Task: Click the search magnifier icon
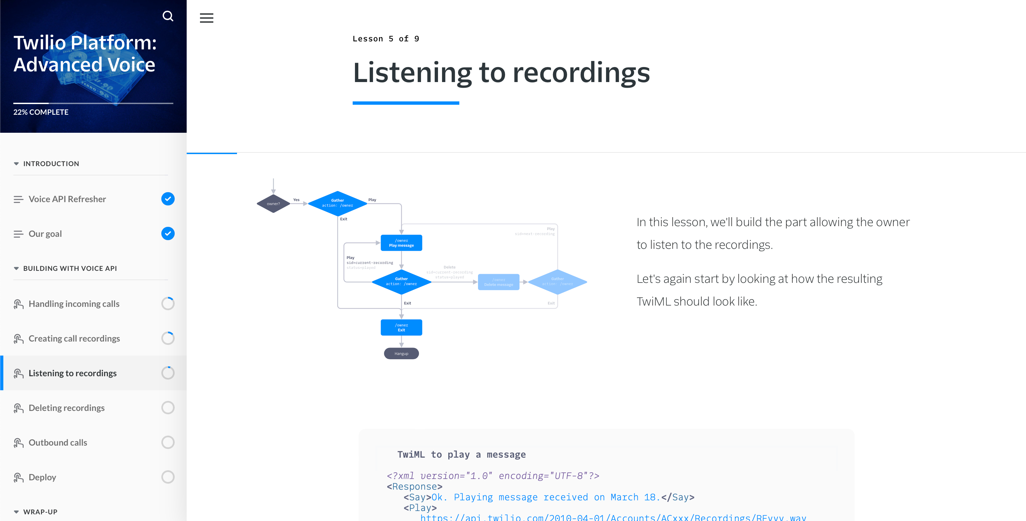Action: (x=168, y=16)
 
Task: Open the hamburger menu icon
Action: (x=206, y=18)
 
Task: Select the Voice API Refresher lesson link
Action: (x=67, y=199)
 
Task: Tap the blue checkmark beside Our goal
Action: (x=168, y=233)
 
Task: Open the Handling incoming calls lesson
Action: (x=74, y=304)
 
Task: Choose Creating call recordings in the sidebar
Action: (x=74, y=339)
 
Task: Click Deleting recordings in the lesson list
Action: (x=67, y=408)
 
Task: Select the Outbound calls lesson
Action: (x=58, y=443)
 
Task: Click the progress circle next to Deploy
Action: (x=168, y=477)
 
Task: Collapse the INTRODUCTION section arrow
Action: (x=16, y=163)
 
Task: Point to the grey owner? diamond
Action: (x=273, y=204)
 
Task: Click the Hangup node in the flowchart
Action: (x=401, y=354)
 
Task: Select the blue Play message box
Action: (x=401, y=243)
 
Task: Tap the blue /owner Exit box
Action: (x=401, y=327)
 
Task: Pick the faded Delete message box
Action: (x=498, y=282)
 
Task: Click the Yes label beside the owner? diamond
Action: (x=296, y=200)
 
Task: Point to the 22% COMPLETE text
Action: (x=41, y=112)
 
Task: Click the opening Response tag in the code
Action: (x=414, y=486)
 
